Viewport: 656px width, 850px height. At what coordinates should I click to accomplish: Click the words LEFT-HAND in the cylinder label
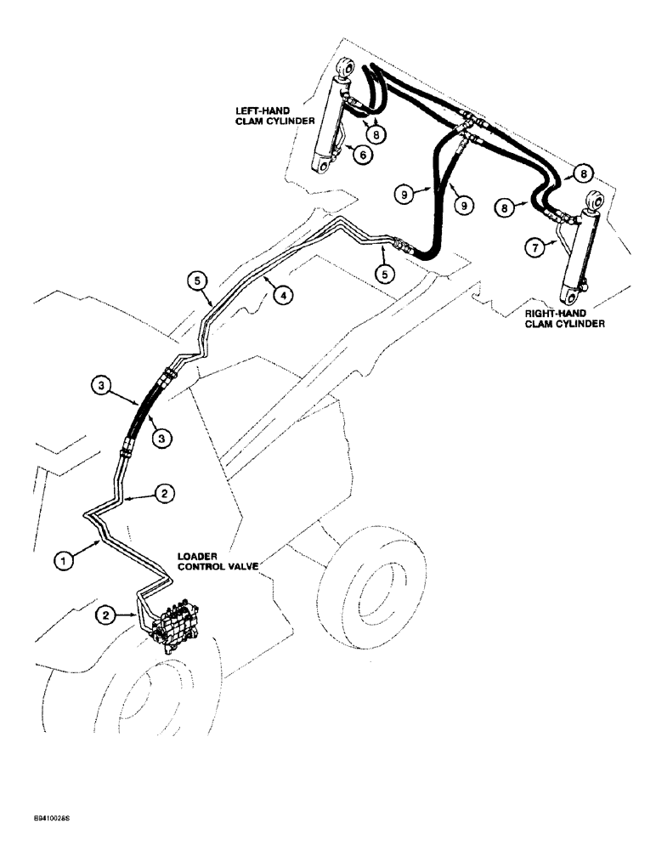click(x=262, y=108)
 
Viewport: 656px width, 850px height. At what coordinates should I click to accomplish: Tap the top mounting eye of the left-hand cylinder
click(x=345, y=67)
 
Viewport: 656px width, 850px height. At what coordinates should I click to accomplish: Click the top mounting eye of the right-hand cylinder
click(x=593, y=202)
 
